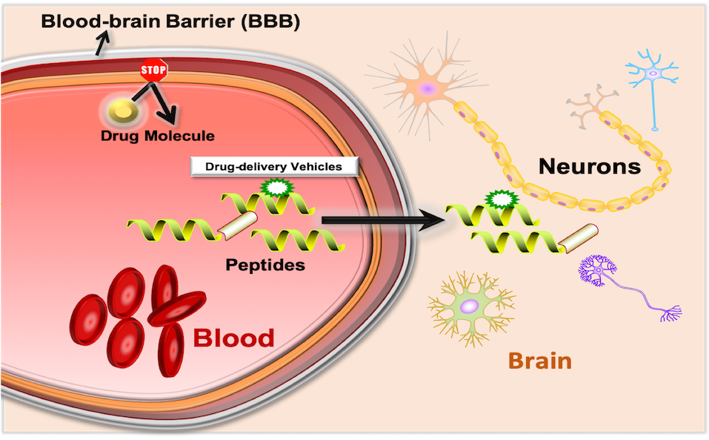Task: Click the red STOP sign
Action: tap(154, 71)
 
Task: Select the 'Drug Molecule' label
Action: tap(158, 136)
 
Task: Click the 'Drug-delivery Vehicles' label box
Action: tap(275, 167)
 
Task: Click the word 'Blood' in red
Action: tap(233, 338)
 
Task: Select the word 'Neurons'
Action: tap(589, 166)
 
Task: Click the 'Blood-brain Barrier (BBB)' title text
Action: tap(170, 22)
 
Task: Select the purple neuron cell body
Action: tap(599, 271)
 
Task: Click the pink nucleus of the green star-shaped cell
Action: tap(469, 306)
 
